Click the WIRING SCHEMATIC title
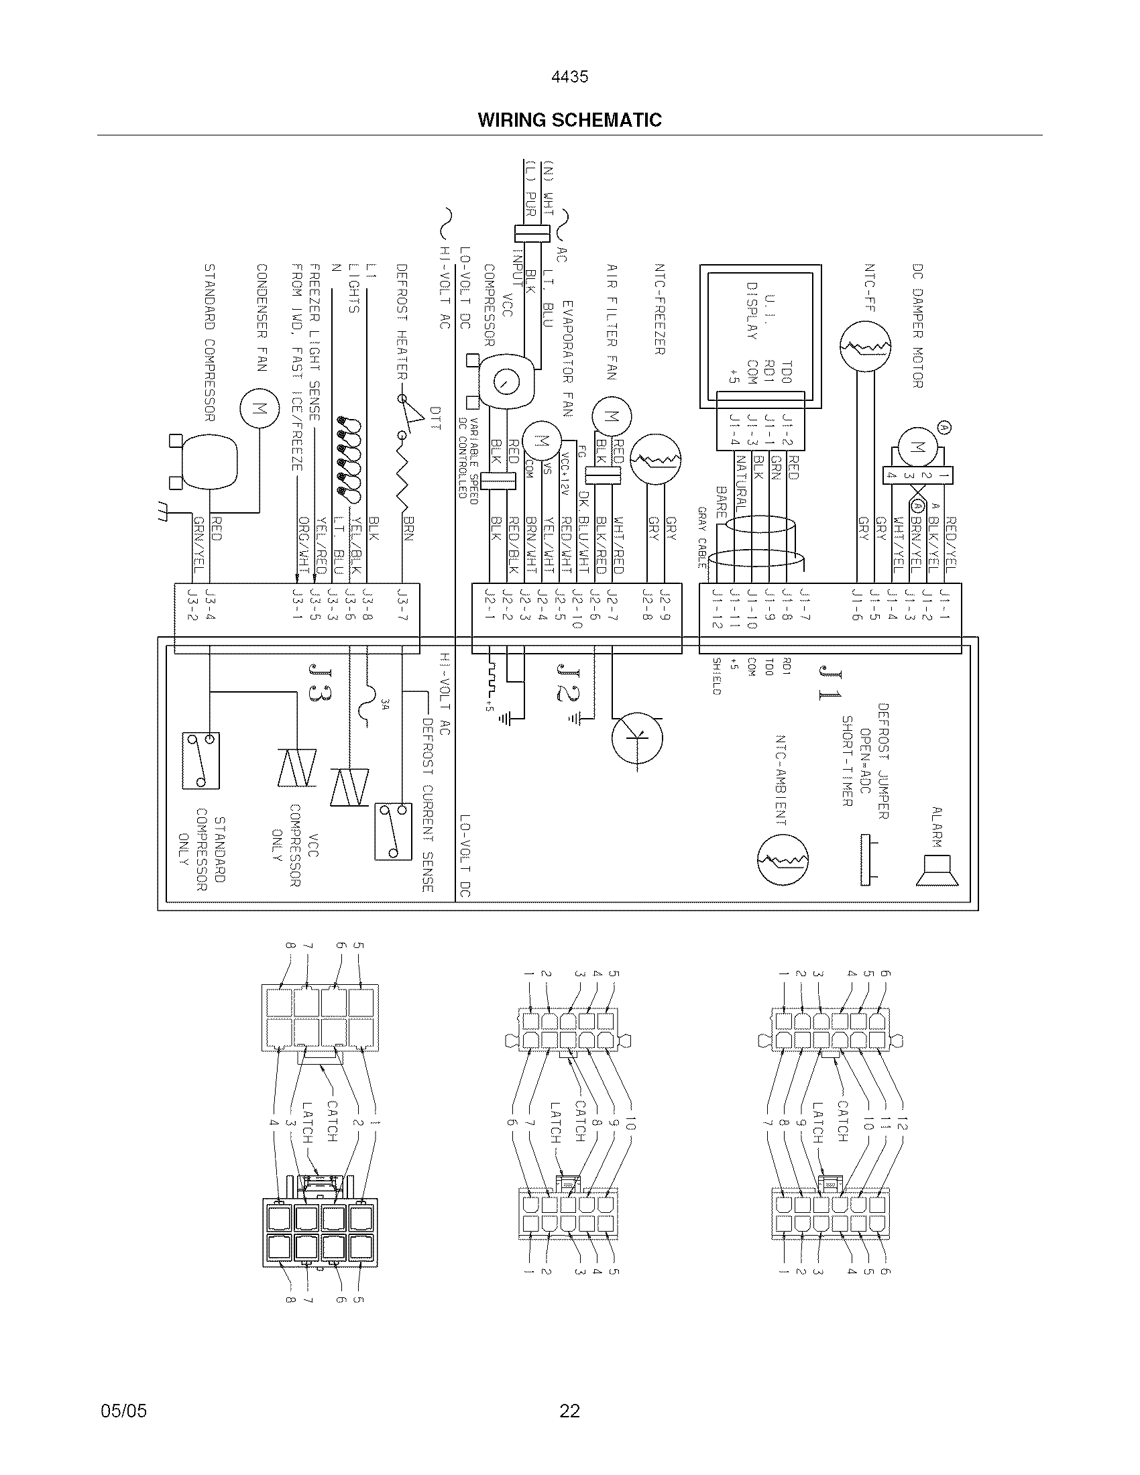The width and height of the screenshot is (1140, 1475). (x=569, y=120)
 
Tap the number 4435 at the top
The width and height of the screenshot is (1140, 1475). (x=569, y=77)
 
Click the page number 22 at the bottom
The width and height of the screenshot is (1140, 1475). (x=569, y=1410)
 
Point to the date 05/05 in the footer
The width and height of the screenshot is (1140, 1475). (x=123, y=1410)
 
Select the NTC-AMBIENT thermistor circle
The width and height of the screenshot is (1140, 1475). (x=783, y=860)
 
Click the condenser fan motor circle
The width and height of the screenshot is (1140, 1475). (x=259, y=409)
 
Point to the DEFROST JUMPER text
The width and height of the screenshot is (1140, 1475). (x=882, y=760)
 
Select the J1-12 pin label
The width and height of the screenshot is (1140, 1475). (x=717, y=608)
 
